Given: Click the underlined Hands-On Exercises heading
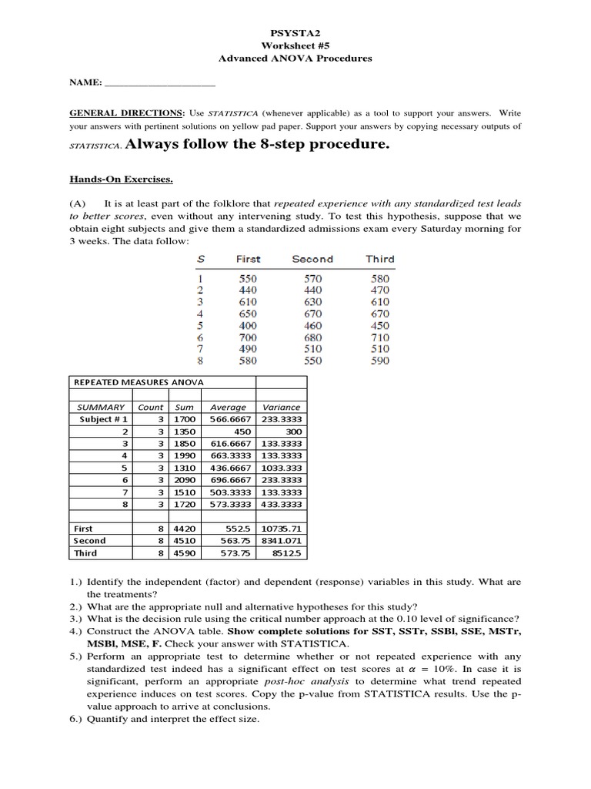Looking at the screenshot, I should coord(121,180).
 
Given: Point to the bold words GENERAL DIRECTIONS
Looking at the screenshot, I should coord(127,112).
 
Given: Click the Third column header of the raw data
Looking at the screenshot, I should coord(379,259).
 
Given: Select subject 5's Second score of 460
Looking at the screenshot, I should coord(312,325).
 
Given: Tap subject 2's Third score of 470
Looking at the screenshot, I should coord(379,290).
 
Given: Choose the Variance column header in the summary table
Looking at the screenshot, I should coord(281,407).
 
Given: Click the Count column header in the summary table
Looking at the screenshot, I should coord(150,407).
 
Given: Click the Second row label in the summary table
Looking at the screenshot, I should coord(89,541).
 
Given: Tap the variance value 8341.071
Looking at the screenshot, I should coord(282,541).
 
